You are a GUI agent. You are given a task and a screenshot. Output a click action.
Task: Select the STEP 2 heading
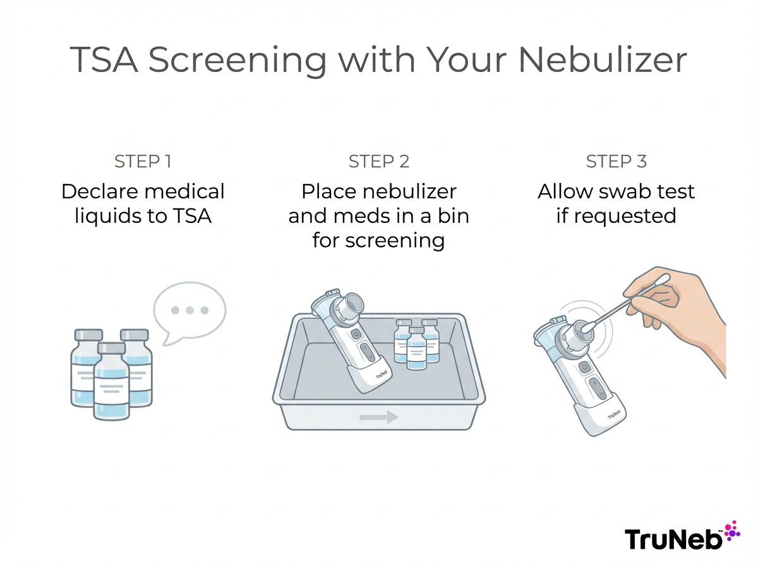point(379,162)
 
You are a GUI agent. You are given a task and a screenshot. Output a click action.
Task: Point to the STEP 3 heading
point(616,162)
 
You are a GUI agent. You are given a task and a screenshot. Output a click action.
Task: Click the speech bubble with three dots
point(189,310)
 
